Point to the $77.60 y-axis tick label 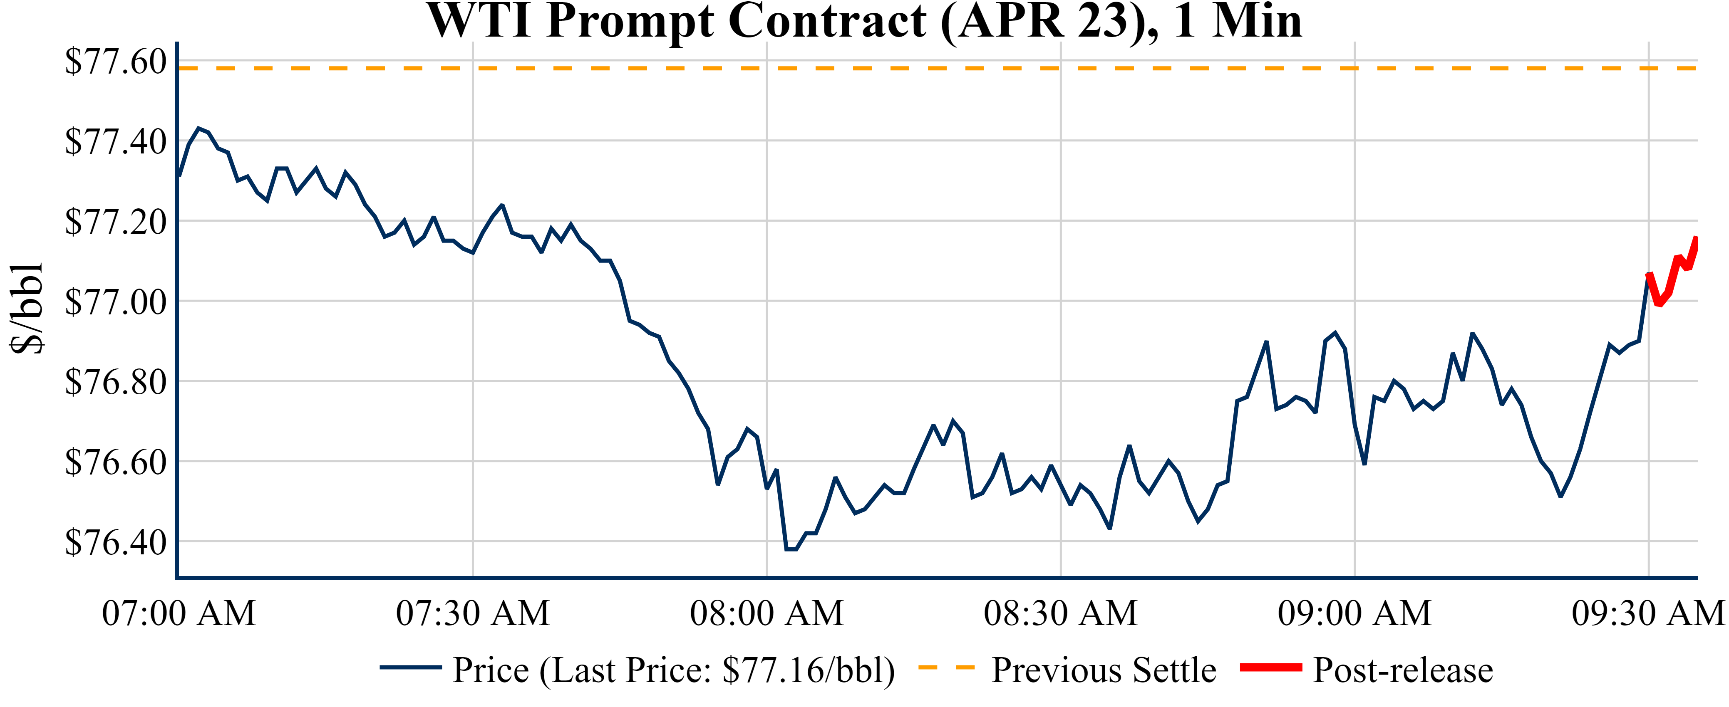click(x=115, y=62)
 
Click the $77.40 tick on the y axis click(x=115, y=141)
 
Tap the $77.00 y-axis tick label click(x=115, y=302)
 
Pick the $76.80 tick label click(x=115, y=382)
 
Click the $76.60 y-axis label click(x=115, y=462)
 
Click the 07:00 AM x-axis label click(x=179, y=613)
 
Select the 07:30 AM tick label click(x=473, y=613)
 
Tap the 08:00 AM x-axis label click(x=767, y=613)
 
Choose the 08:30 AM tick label click(x=1060, y=613)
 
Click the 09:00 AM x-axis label click(x=1354, y=613)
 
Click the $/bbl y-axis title click(x=27, y=309)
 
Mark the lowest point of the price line click(x=791, y=549)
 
